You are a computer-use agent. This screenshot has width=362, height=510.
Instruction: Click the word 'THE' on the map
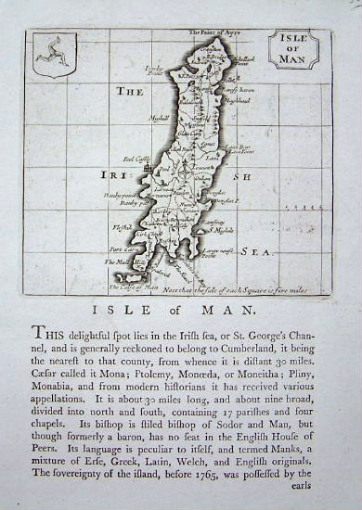[x=129, y=91]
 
